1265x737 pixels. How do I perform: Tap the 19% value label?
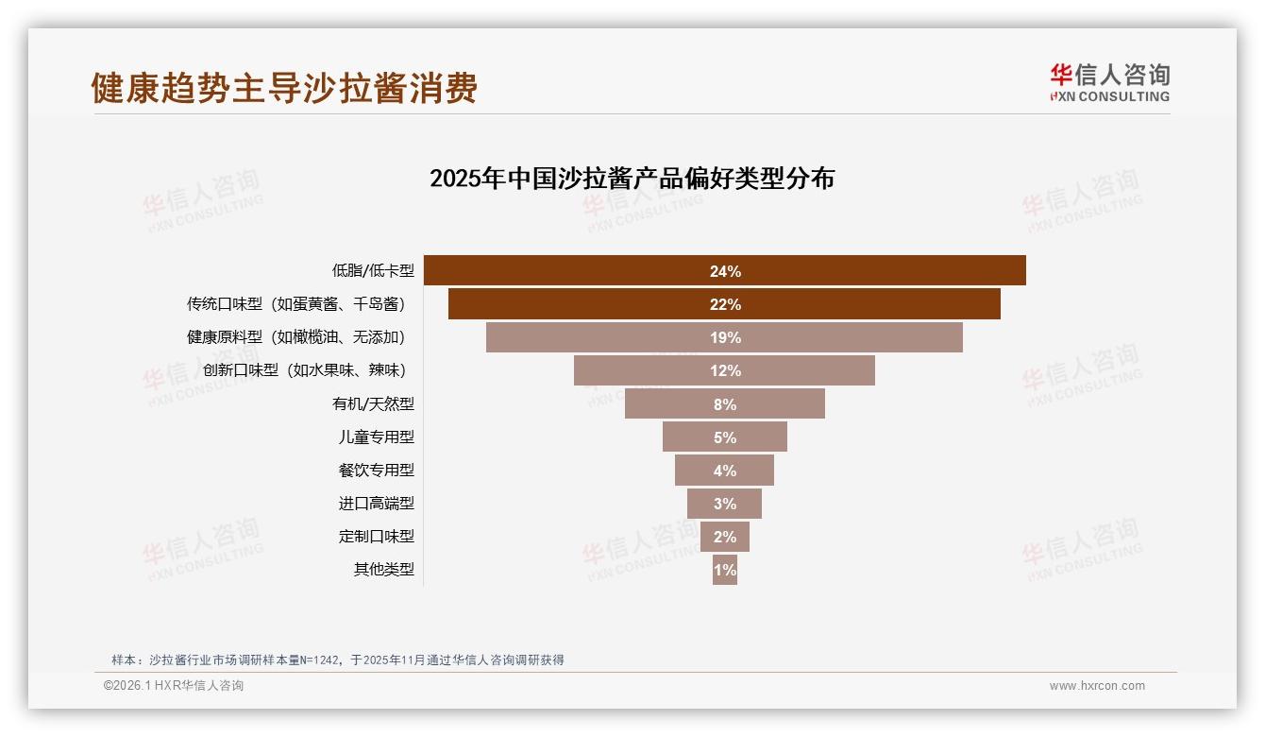[725, 338]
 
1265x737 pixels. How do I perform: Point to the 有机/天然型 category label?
[373, 403]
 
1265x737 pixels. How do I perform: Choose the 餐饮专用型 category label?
[376, 470]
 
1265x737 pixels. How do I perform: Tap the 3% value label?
[724, 504]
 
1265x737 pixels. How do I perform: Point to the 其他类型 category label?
[383, 569]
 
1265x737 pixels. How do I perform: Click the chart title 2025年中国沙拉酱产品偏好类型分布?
[632, 179]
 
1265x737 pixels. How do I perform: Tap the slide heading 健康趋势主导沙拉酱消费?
[284, 88]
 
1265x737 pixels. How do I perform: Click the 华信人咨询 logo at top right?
[1109, 82]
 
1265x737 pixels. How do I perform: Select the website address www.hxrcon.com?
[1096, 686]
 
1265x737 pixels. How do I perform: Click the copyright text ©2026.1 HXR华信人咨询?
[174, 686]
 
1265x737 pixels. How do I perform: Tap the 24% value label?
[725, 271]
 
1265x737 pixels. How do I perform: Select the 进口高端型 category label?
[376, 503]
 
